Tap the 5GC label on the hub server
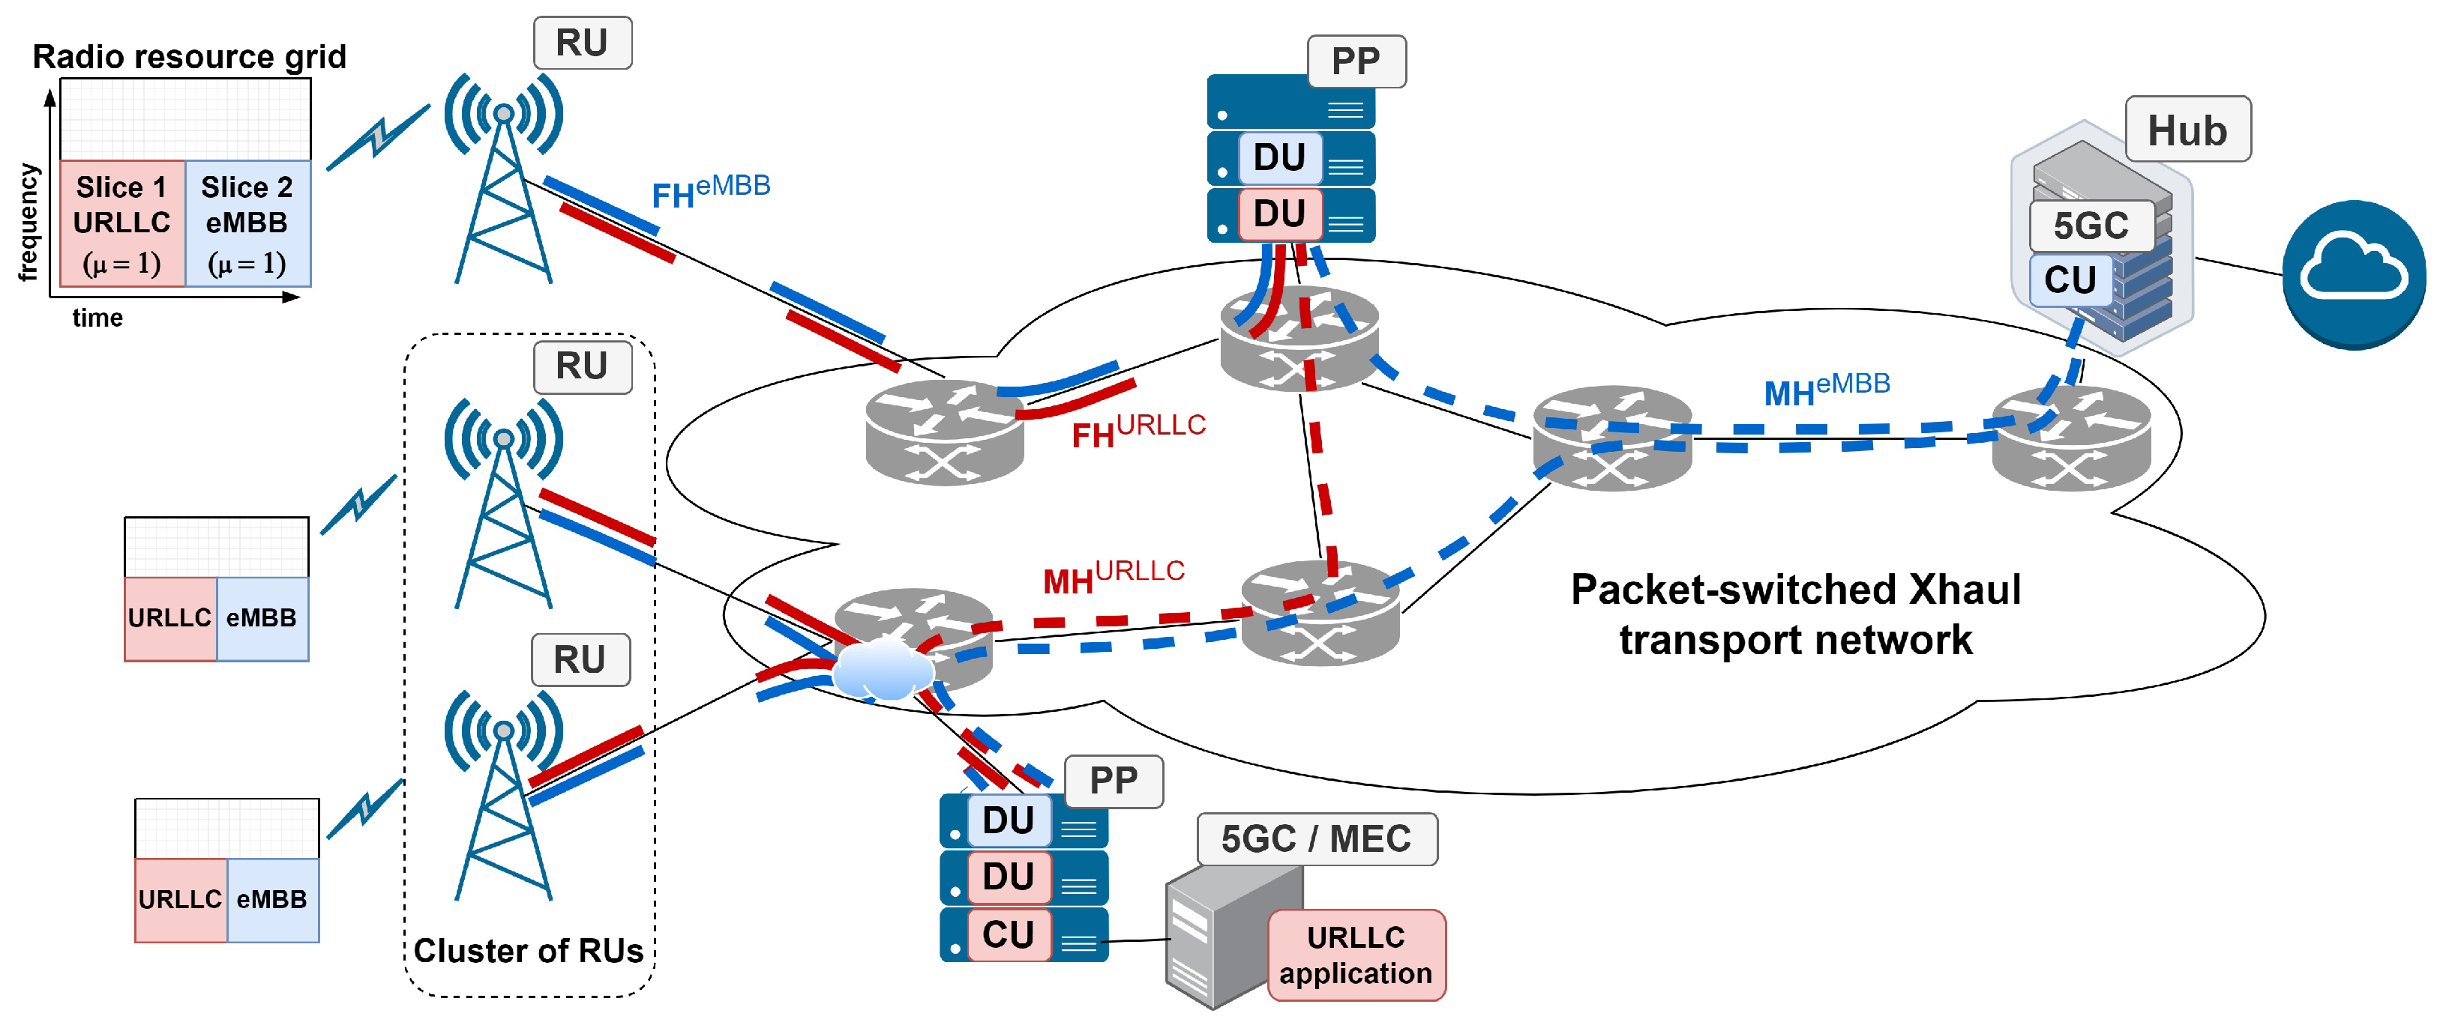pyautogui.click(x=2091, y=226)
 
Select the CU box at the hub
pyautogui.click(x=2070, y=280)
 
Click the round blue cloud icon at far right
pyautogui.click(x=2353, y=274)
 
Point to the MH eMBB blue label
pyautogui.click(x=1825, y=389)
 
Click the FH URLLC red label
pyautogui.click(x=1138, y=431)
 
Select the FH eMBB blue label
pyautogui.click(x=710, y=191)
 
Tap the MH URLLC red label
pyautogui.click(x=1113, y=576)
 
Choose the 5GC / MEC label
pyautogui.click(x=1316, y=838)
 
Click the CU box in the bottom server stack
pyautogui.click(x=1008, y=934)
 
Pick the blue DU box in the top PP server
pyautogui.click(x=1278, y=157)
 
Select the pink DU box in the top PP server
pyautogui.click(x=1278, y=214)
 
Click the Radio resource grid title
pyautogui.click(x=190, y=57)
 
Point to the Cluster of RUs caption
pyautogui.click(x=528, y=950)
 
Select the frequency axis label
pyautogui.click(x=28, y=223)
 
